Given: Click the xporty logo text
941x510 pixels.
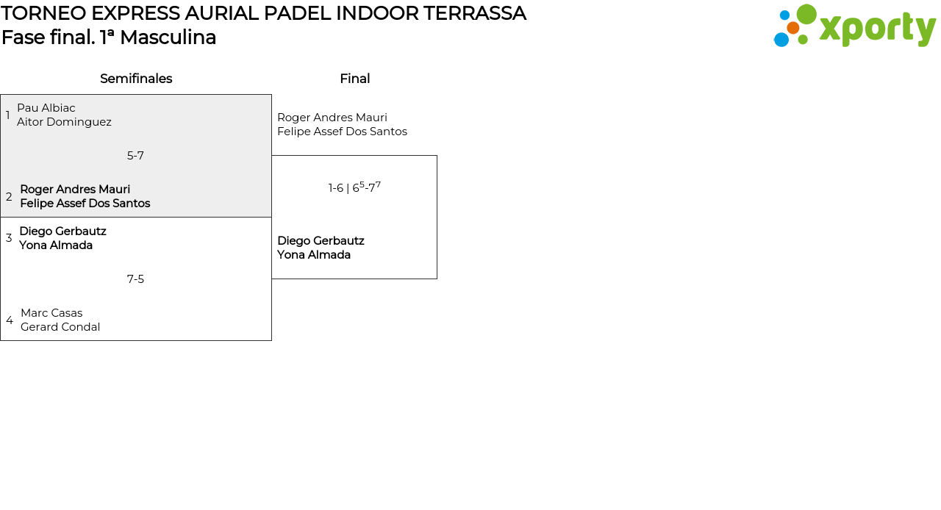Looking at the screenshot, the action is click(877, 29).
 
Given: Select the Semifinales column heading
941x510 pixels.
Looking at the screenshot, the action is click(136, 79).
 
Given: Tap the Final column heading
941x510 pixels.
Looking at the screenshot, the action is click(355, 79).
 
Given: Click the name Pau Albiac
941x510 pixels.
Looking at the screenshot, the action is click(46, 108).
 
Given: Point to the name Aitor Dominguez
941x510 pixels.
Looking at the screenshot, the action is click(64, 122).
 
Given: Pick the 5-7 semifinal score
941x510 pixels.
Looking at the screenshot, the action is click(135, 156).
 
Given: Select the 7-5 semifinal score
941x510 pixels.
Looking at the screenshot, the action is click(135, 279).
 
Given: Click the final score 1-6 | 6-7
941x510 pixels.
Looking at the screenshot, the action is click(354, 187).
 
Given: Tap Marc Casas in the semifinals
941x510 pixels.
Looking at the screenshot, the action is click(51, 313).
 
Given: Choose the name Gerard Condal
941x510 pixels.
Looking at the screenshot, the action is click(60, 327).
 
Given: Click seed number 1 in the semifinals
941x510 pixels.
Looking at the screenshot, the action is click(7, 115).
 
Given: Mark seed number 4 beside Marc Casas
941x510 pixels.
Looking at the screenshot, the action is click(10, 320).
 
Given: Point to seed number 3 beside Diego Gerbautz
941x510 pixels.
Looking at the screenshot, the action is click(9, 238).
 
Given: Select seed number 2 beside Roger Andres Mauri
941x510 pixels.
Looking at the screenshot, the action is click(9, 197).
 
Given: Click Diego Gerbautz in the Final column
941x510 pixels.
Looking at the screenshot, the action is click(321, 241).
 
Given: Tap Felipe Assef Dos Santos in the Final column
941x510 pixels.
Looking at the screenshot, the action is click(343, 132).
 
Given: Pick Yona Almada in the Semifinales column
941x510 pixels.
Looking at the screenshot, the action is click(56, 245).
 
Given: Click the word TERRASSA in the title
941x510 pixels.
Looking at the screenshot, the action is click(475, 13).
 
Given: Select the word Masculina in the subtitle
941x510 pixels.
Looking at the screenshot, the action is click(168, 37).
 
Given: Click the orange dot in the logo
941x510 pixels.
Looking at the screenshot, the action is click(793, 28).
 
